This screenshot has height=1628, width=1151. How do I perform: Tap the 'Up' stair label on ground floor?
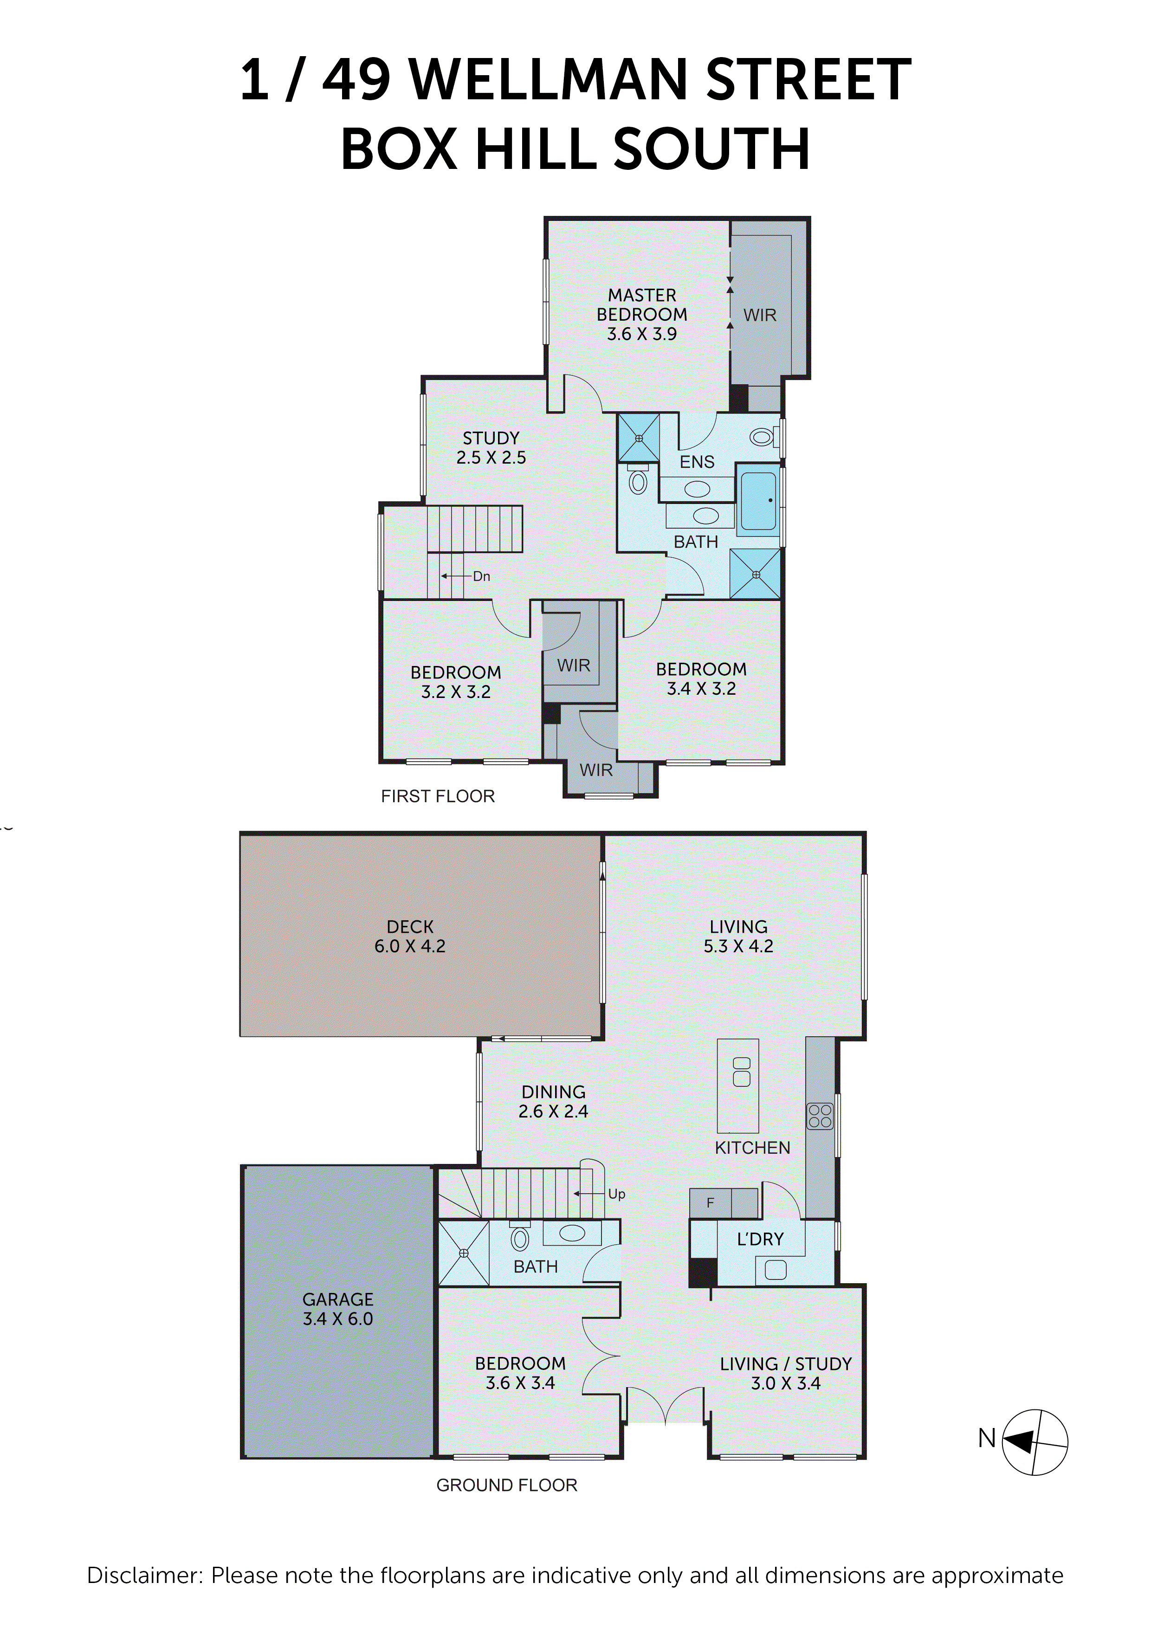[x=616, y=1194]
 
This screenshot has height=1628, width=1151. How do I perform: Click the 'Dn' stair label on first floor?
[x=482, y=576]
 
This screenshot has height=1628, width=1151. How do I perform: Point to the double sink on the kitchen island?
[x=741, y=1072]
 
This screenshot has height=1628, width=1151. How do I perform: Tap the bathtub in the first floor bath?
[x=758, y=501]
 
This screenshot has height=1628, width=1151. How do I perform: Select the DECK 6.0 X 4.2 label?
[x=410, y=936]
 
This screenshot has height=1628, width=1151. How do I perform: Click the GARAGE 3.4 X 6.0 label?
[x=337, y=1309]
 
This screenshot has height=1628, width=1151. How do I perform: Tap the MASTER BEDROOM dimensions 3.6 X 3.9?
[x=642, y=334]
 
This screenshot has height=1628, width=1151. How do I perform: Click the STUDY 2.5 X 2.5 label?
[x=491, y=447]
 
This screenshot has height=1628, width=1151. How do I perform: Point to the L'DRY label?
[x=760, y=1239]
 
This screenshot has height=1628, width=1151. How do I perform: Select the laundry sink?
[x=775, y=1270]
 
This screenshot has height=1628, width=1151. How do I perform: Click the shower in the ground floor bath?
[x=464, y=1253]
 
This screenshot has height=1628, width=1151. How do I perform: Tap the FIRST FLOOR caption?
[x=438, y=796]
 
